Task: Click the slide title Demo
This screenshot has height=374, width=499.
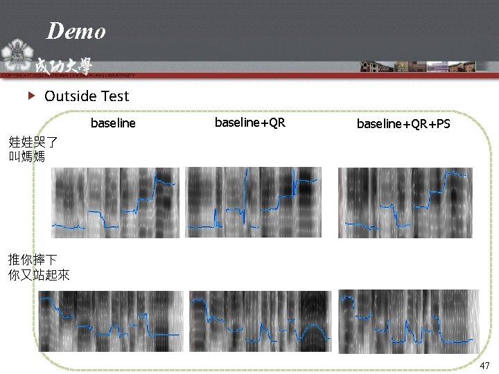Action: coord(76,31)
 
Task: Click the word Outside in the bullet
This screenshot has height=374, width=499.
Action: coord(69,96)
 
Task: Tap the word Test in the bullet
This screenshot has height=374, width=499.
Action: coord(114,96)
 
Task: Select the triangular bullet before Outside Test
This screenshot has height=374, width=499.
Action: coord(31,96)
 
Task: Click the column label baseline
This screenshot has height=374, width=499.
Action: coord(113,124)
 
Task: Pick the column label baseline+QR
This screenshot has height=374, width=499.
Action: coord(249,123)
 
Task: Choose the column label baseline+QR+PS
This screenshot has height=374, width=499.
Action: coord(403,124)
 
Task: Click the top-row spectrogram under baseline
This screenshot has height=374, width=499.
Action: coord(115,203)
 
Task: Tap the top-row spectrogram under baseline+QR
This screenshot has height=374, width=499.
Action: coord(253,203)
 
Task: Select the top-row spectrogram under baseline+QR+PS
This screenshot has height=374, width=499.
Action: coord(405,203)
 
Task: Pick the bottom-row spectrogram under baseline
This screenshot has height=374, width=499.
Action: coord(110,321)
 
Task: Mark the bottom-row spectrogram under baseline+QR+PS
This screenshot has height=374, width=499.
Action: coord(408,321)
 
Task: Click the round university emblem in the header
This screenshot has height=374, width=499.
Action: coord(15,52)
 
